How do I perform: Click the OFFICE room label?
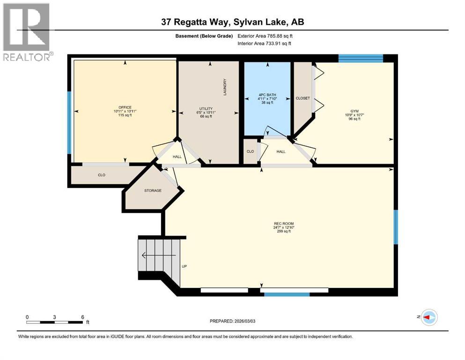coord(125,107)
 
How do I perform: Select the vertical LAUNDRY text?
coord(225,87)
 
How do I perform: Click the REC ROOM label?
coord(284,223)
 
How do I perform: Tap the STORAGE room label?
coord(153,190)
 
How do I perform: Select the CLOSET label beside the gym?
coord(303,98)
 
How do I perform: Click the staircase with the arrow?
coord(158,255)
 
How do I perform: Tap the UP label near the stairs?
coord(184,266)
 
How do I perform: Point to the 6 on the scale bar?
coord(82,317)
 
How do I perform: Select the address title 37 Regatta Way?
coord(232,22)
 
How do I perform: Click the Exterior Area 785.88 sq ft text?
coord(267,36)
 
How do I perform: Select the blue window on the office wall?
coord(69,122)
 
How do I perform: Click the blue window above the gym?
coord(361,58)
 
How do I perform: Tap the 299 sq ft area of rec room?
coord(284,231)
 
